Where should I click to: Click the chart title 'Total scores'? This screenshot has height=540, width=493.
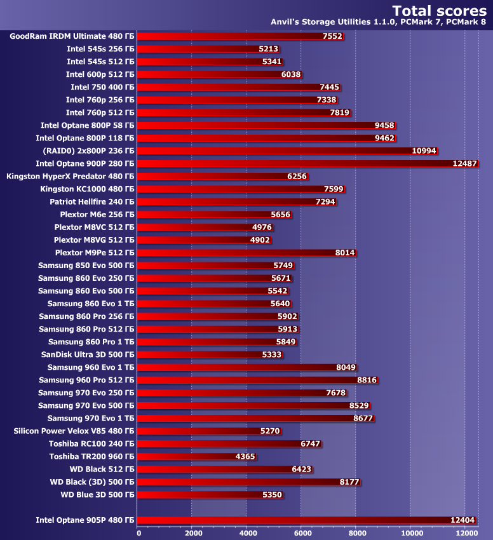(x=440, y=10)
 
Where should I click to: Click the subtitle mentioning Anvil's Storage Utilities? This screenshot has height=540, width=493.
(x=379, y=22)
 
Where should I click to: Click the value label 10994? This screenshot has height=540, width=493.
(x=424, y=151)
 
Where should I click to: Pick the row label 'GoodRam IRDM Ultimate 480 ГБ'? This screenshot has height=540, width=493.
(x=72, y=36)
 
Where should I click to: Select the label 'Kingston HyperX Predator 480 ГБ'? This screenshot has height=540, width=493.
(x=70, y=176)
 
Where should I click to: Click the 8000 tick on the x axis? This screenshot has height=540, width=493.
(x=356, y=533)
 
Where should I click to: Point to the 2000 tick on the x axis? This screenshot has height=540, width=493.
(x=192, y=533)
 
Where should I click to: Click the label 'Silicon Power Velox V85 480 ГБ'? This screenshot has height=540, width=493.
(x=74, y=431)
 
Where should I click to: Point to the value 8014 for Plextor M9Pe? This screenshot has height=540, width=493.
(x=345, y=252)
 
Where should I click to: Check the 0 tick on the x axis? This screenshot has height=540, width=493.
(x=139, y=533)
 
